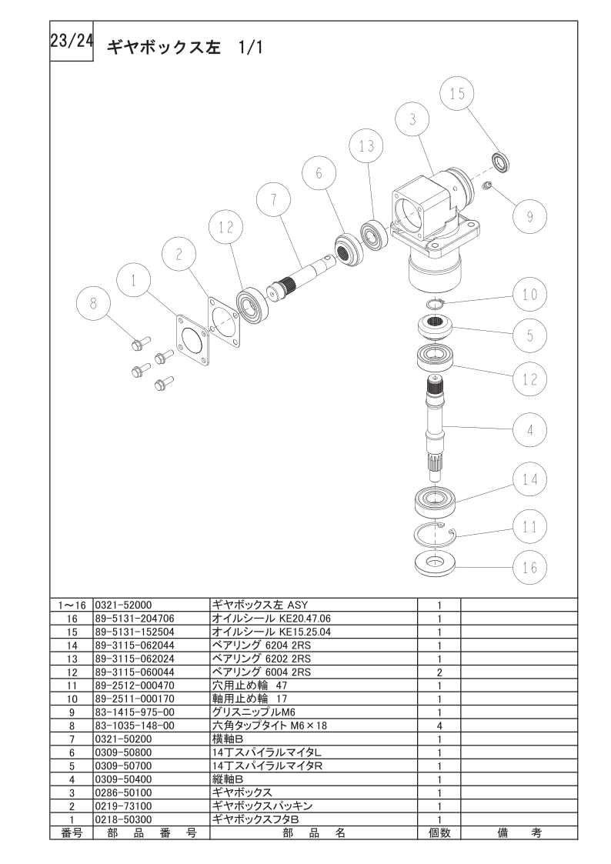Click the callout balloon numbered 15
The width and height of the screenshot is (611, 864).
click(457, 94)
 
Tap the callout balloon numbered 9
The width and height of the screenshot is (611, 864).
click(529, 215)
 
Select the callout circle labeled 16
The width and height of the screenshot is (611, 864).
click(529, 567)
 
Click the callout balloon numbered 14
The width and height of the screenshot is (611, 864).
click(529, 479)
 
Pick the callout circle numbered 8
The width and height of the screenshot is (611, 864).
click(93, 303)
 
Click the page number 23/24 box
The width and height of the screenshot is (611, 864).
click(72, 42)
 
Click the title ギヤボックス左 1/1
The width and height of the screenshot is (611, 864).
click(185, 48)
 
